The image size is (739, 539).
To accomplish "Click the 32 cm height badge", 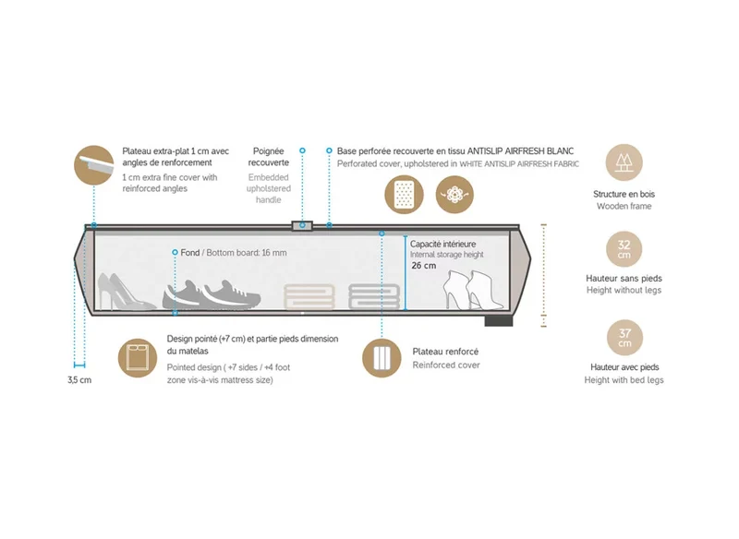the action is [x=624, y=249].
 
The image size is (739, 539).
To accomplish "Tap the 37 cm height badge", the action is [x=624, y=338].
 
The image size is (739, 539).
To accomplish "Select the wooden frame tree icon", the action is [x=624, y=162].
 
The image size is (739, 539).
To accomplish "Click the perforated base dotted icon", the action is [x=404, y=195].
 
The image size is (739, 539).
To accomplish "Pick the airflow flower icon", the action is [x=454, y=195].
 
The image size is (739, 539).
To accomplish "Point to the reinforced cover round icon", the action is [x=382, y=358].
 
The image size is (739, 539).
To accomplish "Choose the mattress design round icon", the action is [x=138, y=358].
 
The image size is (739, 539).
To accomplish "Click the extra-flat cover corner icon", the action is [x=94, y=165].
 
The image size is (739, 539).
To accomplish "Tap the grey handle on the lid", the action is [x=302, y=226].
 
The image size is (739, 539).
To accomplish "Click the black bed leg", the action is [x=499, y=321].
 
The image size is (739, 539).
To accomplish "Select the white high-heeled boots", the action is [x=468, y=290].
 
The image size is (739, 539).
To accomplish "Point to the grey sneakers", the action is [x=212, y=294].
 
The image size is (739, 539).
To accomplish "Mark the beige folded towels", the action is [x=309, y=296].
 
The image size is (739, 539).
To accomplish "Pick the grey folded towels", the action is [x=374, y=296].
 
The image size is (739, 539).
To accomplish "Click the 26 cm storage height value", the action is [x=424, y=266].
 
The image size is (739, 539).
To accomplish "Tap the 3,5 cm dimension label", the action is [x=79, y=380].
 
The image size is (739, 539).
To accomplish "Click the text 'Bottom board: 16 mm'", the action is [x=247, y=253].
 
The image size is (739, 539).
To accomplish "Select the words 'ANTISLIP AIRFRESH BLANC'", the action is [x=520, y=151].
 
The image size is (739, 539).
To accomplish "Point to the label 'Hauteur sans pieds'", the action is [x=624, y=278].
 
